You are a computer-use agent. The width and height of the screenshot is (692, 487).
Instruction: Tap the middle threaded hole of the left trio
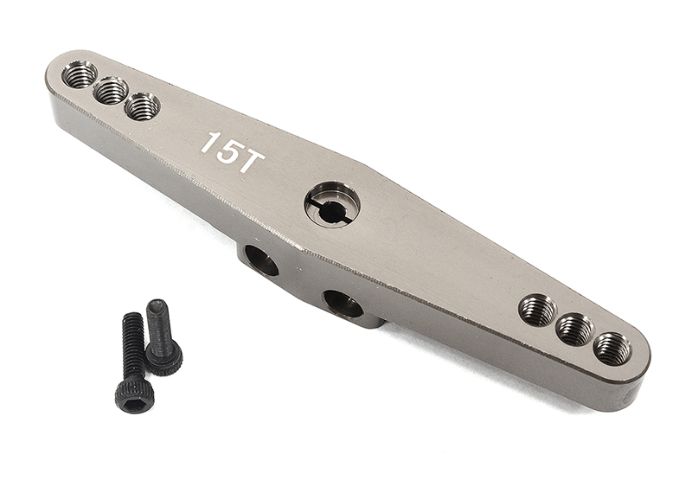pos(111,91)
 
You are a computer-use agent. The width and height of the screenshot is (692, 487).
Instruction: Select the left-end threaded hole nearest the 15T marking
pos(142,107)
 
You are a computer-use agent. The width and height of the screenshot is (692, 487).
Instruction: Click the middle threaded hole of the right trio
pos(575,330)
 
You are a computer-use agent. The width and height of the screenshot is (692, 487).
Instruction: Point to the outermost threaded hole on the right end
pos(612,349)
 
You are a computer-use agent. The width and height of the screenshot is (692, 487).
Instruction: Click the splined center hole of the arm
pos(333,205)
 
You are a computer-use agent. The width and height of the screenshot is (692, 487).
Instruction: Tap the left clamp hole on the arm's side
pos(260,260)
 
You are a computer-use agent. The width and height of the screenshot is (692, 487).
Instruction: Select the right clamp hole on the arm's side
pos(343,304)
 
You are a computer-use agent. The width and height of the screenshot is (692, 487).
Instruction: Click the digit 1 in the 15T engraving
pos(207,144)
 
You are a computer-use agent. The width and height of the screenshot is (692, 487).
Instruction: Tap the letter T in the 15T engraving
pos(246,163)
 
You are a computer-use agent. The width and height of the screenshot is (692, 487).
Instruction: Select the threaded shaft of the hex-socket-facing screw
pos(132,346)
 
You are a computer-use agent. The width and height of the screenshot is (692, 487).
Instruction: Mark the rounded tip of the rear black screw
pos(157,304)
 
